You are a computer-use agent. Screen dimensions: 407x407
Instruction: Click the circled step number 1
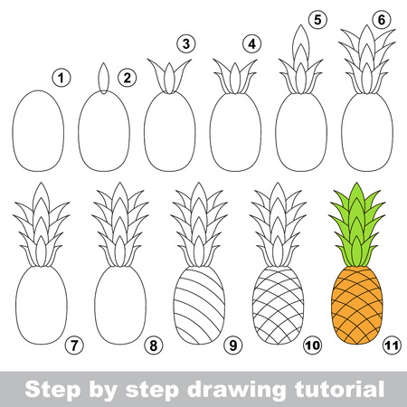click(61, 80)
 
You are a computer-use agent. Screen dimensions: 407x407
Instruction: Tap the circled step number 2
click(127, 78)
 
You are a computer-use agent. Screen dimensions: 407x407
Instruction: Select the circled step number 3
click(185, 43)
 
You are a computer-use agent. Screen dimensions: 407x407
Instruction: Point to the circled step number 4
click(252, 43)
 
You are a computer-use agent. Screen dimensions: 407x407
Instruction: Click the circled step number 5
click(316, 17)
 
